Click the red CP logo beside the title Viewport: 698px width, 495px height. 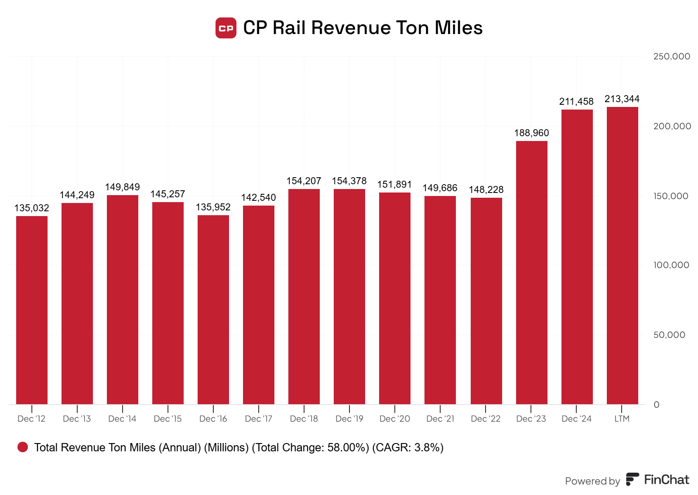[x=226, y=28]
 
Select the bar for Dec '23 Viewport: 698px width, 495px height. [x=531, y=272]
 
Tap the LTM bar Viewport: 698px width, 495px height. [x=622, y=255]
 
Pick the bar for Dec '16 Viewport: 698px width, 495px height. [x=213, y=309]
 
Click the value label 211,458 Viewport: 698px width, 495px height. [x=576, y=102]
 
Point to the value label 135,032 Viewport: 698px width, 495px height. [x=32, y=208]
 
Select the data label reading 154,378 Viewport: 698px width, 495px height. [x=349, y=181]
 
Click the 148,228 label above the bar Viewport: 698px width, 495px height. [x=486, y=190]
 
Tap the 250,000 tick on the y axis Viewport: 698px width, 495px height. [x=671, y=56]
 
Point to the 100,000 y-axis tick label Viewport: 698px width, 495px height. [x=671, y=265]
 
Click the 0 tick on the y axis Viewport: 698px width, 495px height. [x=656, y=405]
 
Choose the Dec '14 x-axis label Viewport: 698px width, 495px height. [x=122, y=419]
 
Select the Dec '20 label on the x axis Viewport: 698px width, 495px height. [x=395, y=419]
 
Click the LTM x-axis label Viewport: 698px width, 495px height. [x=622, y=419]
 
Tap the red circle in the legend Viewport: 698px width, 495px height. [x=23, y=447]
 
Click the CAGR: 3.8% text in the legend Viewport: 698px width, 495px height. [x=408, y=447]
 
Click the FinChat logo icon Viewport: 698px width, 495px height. [x=632, y=479]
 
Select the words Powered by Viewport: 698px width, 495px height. [x=592, y=481]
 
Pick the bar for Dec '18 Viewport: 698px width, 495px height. [x=304, y=296]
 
